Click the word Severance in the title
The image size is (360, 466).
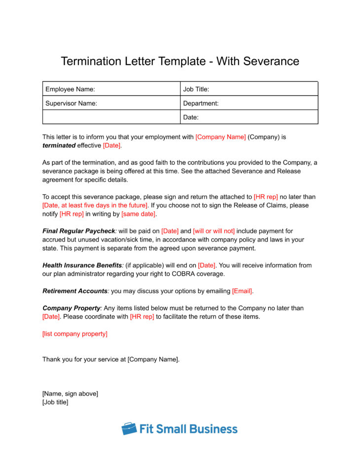tap(271, 61)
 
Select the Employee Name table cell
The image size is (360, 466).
tap(111, 89)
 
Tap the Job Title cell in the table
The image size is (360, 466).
tap(249, 89)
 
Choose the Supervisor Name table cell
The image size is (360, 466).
tap(111, 104)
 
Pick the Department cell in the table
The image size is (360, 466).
tap(249, 104)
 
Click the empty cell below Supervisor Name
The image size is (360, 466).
tap(111, 117)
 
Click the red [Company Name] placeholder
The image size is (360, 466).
tap(220, 137)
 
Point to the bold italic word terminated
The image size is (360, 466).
tap(59, 145)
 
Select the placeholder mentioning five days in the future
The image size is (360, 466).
tap(95, 205)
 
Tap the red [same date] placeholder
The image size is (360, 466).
tap(139, 214)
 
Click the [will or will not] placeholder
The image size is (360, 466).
tap(214, 231)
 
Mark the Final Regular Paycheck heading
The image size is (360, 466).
tap(78, 231)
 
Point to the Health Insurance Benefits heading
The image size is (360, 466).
tap(81, 265)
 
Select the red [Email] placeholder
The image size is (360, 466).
tap(243, 291)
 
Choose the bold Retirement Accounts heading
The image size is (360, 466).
tap(74, 291)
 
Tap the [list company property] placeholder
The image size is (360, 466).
tap(75, 334)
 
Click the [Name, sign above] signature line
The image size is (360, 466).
tap(70, 394)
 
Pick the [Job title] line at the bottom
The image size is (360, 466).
tap(55, 402)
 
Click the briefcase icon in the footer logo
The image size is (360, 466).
tap(129, 429)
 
